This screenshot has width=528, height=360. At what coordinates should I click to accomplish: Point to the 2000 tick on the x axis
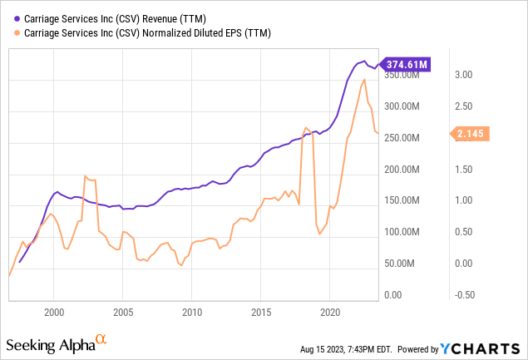[53, 311]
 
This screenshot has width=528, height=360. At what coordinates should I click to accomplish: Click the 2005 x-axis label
[123, 311]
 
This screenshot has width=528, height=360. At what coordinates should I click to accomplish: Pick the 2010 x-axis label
[192, 311]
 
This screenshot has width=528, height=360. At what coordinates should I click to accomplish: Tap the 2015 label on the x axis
[261, 311]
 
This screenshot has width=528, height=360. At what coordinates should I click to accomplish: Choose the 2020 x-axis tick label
[330, 311]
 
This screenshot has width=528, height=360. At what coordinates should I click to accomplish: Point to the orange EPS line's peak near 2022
[365, 79]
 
